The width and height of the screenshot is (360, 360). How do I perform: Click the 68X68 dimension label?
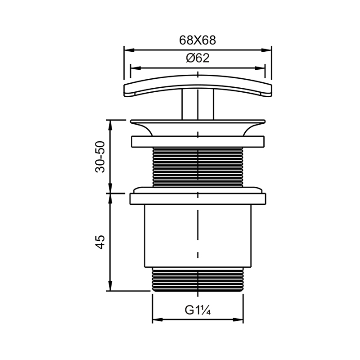tap(198, 40)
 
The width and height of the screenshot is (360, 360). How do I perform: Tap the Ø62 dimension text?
tap(198, 58)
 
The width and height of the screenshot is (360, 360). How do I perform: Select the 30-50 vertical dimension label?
tap(100, 157)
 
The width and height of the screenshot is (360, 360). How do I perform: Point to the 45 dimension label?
tap(100, 242)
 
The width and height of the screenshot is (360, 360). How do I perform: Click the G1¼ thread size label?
tap(198, 310)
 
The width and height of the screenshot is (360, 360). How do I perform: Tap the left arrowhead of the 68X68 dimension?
tap(129, 50)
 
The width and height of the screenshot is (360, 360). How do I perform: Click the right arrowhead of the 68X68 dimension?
tap(266, 50)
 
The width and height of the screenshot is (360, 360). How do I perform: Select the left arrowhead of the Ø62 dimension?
tap(135, 68)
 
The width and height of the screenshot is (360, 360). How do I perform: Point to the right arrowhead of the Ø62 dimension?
tap(260, 68)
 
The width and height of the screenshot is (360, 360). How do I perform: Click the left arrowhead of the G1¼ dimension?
tap(157, 319)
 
